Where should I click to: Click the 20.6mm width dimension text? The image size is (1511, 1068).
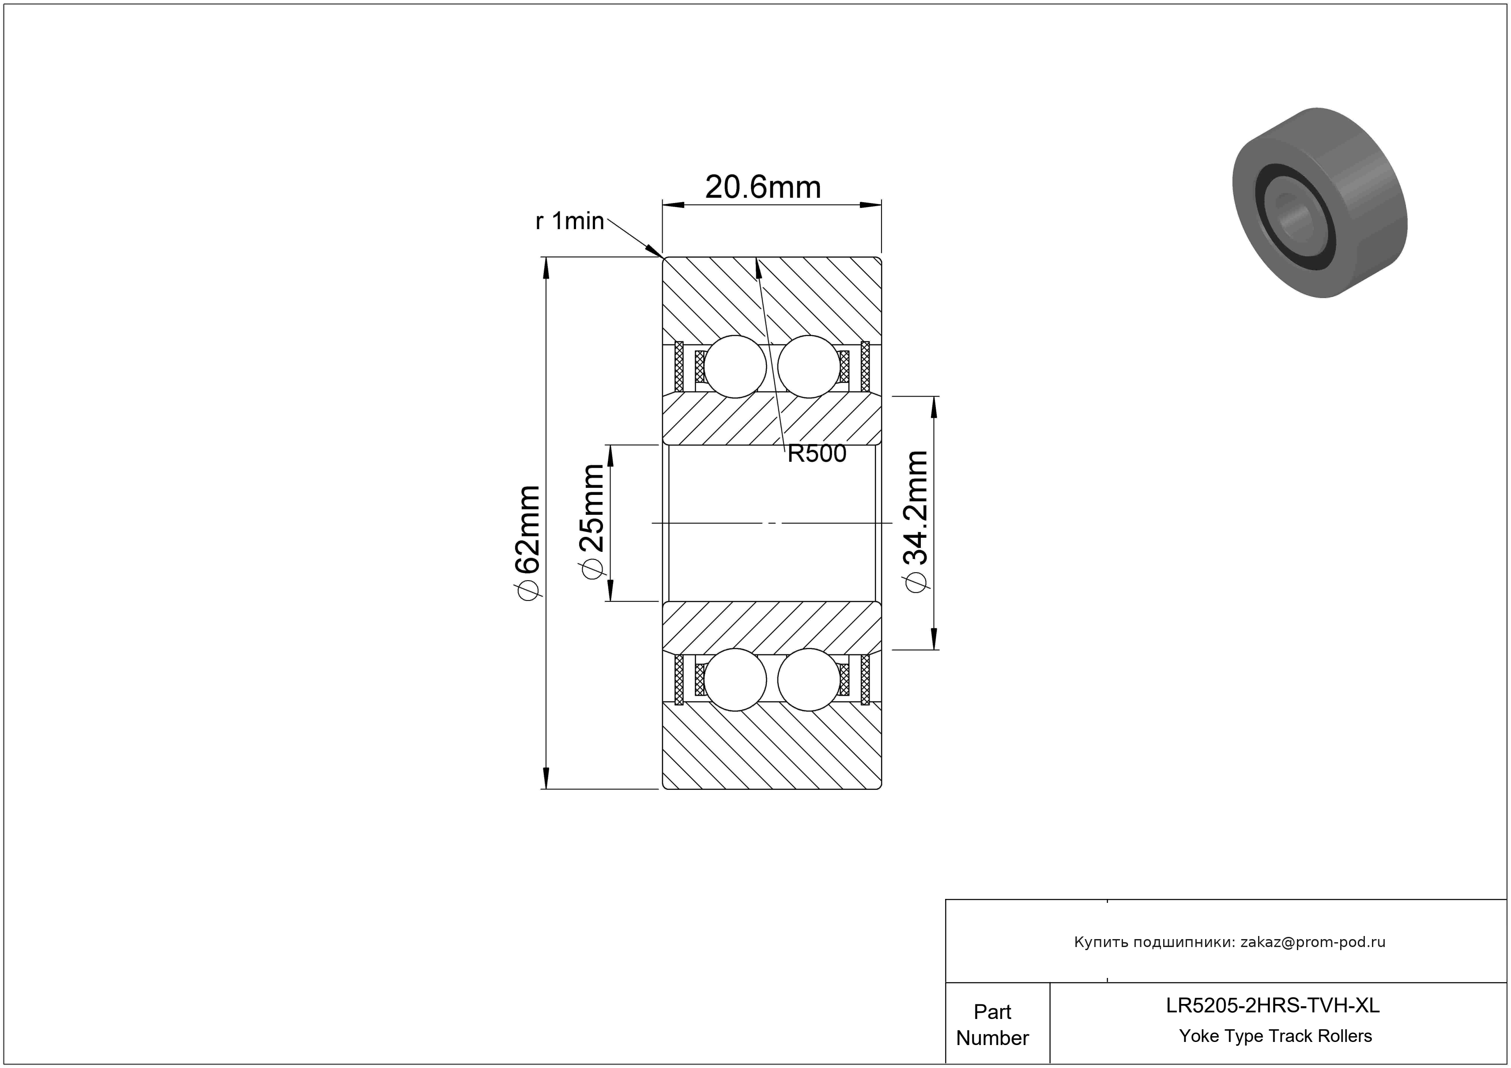[x=763, y=188]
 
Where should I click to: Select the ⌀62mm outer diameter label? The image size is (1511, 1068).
[x=528, y=543]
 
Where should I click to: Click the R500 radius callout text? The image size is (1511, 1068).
[x=817, y=453]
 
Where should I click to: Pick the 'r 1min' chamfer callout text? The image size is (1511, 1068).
[x=570, y=221]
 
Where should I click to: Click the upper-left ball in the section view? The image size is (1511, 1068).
[x=735, y=366]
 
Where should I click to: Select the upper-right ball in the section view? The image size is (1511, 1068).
[x=809, y=366]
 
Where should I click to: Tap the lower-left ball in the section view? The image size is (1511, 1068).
[x=735, y=680]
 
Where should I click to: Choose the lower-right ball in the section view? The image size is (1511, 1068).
[x=809, y=680]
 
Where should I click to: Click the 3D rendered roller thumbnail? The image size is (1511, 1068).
[x=1319, y=203]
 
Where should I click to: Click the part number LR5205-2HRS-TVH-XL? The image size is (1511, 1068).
[x=1273, y=1005]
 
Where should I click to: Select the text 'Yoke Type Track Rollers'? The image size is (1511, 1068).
[x=1275, y=1036]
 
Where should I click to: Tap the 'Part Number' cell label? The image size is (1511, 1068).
[x=992, y=1025]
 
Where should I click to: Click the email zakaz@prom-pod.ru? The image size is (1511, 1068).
[x=1313, y=942]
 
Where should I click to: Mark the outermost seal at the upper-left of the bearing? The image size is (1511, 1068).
[x=679, y=366]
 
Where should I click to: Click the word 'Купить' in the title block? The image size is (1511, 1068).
[x=1097, y=942]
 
